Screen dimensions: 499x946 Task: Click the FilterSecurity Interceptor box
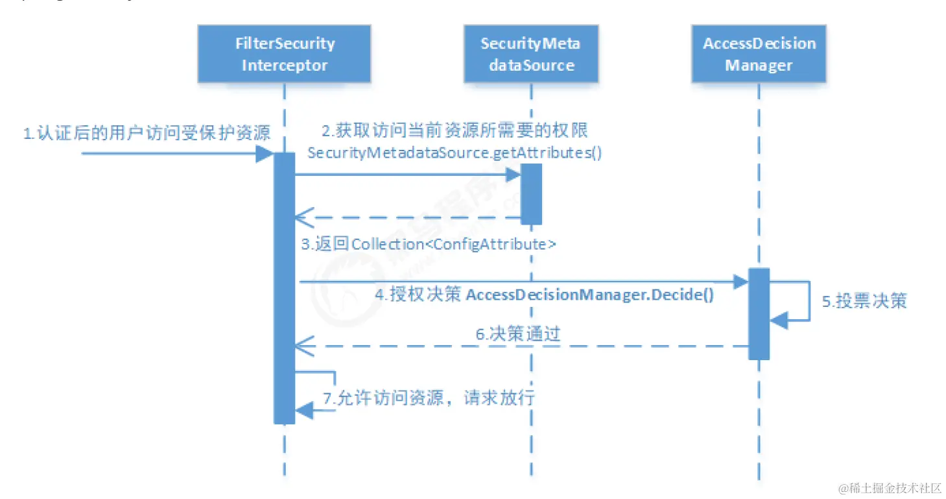coord(284,55)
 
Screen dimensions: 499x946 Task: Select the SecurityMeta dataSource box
coord(530,55)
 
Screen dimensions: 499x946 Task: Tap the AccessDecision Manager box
coord(759,55)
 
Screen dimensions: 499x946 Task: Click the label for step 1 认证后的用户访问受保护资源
coord(147,134)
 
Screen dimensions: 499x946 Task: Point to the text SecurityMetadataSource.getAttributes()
coord(454,154)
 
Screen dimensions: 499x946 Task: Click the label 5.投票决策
coord(864,301)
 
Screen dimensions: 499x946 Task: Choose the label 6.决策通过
coord(517,334)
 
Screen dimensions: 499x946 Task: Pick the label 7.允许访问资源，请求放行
coord(429,398)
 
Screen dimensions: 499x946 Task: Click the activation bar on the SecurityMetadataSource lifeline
coord(530,193)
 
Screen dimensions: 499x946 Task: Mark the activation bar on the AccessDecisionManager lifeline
coord(759,313)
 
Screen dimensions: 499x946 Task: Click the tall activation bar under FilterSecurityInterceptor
coord(284,288)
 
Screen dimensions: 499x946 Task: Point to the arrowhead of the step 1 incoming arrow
coord(265,154)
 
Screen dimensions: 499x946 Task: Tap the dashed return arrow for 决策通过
coord(519,347)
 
